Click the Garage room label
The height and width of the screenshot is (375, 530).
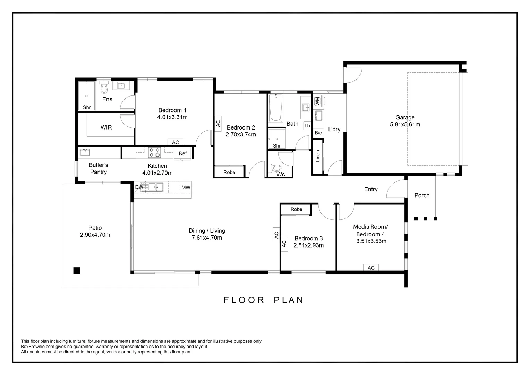click(405, 117)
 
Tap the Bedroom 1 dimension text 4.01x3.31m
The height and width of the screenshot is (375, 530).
click(172, 117)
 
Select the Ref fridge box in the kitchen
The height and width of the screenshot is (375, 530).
click(183, 153)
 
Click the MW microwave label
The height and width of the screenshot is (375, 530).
click(186, 187)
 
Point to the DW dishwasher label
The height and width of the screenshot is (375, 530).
click(139, 187)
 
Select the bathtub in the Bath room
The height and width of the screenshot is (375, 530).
click(275, 108)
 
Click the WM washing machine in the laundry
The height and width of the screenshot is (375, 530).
click(317, 101)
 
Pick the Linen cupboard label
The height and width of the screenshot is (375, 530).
click(318, 156)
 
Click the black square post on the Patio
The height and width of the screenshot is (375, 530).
click(77, 270)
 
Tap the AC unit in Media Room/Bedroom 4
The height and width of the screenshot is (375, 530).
click(371, 268)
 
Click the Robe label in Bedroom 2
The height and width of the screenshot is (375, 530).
click(229, 172)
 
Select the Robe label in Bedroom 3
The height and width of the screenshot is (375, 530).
click(296, 209)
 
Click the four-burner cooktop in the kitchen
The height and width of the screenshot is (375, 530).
click(154, 152)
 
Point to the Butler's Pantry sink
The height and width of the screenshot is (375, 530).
click(85, 152)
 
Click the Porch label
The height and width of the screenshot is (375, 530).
click(422, 195)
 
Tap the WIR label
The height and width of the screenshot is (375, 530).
click(106, 127)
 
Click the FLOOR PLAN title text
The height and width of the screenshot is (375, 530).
click(264, 300)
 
